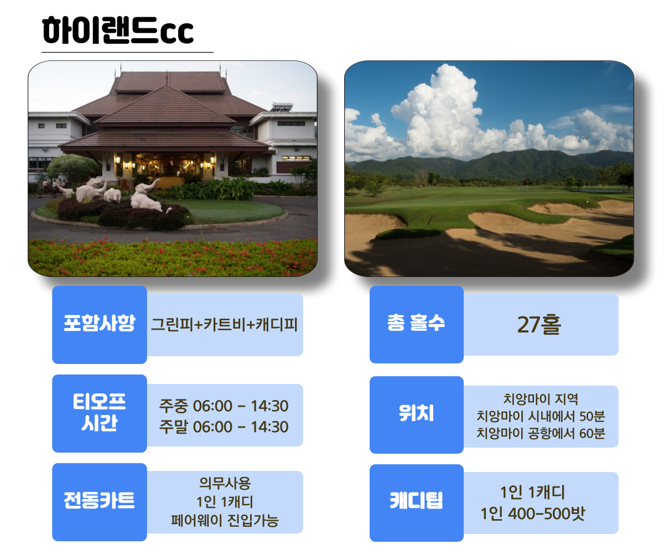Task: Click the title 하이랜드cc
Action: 118,30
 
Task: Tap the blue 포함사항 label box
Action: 100,325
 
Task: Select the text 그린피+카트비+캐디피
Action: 225,325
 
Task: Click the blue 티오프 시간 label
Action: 100,413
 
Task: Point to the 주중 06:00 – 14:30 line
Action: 224,406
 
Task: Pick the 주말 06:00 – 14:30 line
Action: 224,427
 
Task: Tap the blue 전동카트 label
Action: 100,502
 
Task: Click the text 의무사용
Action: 225,483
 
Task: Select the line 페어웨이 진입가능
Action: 225,521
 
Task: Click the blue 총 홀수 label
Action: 416,324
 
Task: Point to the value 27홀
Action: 539,325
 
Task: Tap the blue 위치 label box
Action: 416,414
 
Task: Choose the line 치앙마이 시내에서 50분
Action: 541,416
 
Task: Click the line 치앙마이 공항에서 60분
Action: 541,433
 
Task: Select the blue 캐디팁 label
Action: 416,502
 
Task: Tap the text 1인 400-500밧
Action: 533,514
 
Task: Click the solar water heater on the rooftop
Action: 282,106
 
